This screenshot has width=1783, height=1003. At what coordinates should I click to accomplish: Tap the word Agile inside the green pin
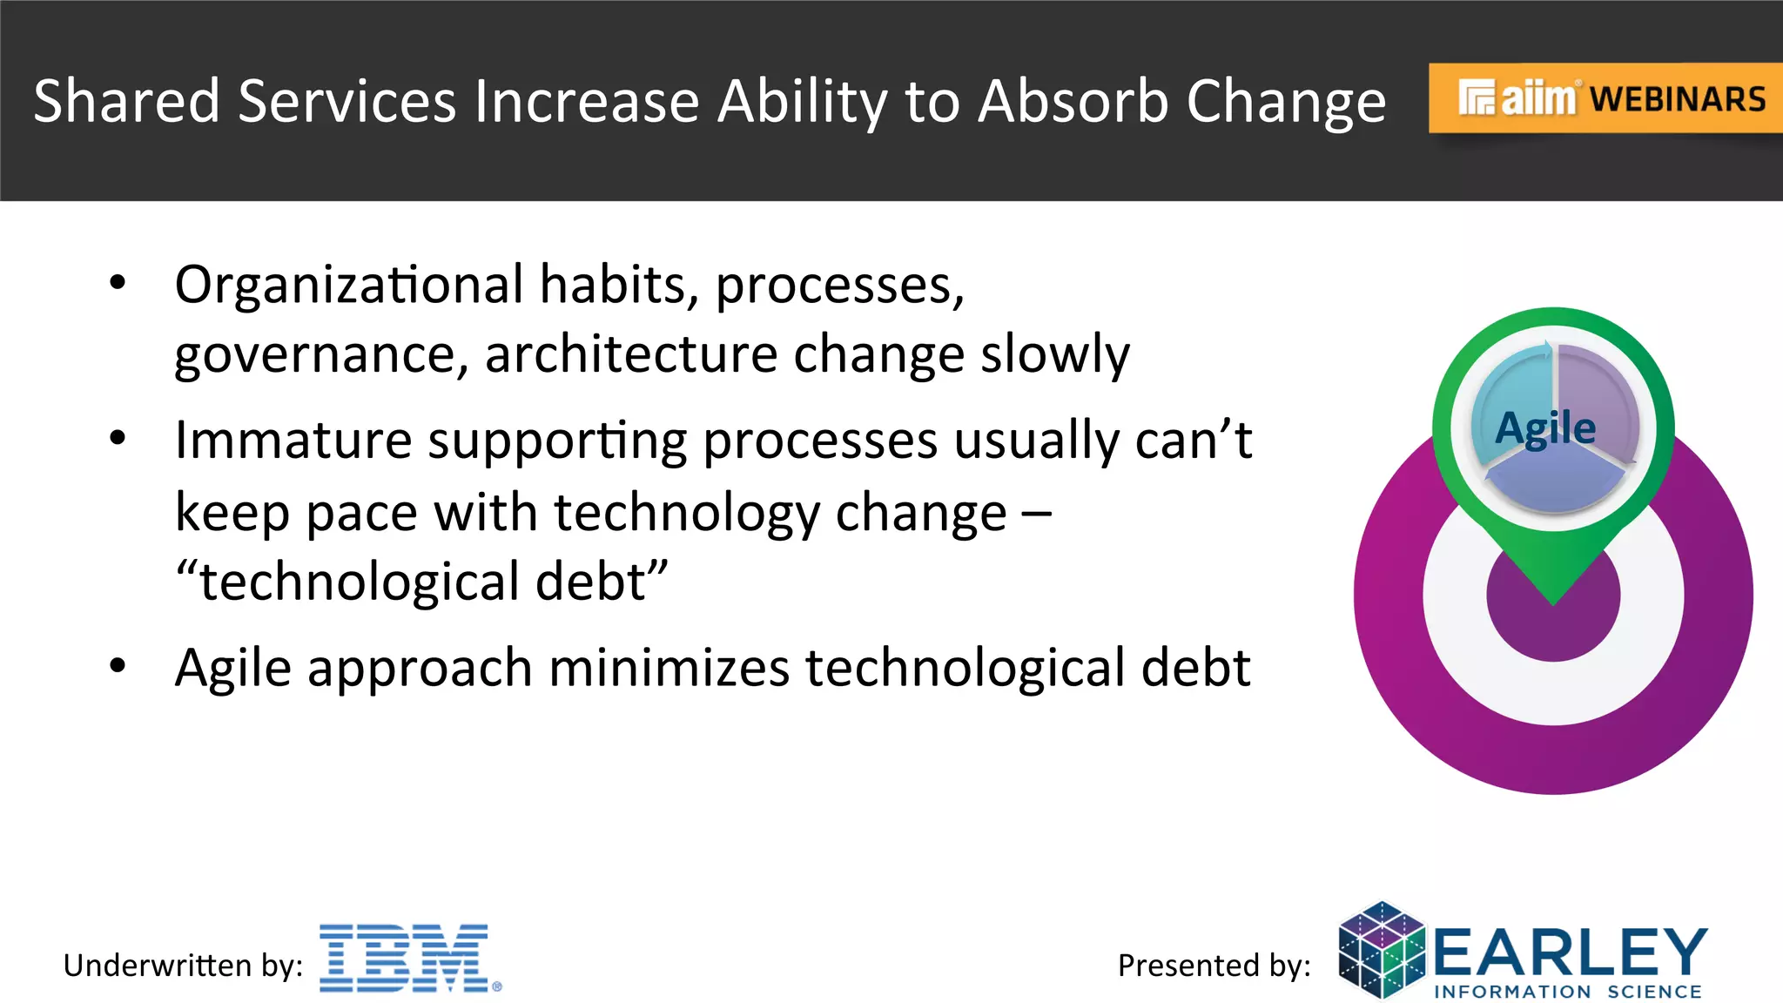1545,428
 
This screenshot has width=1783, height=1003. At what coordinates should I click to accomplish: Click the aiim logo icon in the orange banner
1477,98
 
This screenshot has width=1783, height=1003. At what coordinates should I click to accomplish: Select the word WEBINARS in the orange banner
1678,99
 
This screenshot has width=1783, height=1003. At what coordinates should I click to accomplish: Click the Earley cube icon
1382,950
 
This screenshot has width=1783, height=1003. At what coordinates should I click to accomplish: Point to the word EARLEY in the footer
1570,952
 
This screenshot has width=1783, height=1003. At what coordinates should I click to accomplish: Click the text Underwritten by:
183,966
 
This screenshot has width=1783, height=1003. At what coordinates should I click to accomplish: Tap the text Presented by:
1214,966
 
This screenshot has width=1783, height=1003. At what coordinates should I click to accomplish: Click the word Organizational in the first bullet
348,285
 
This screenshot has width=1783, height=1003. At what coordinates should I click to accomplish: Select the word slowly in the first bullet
1054,354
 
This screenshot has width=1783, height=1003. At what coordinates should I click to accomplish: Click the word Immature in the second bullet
293,440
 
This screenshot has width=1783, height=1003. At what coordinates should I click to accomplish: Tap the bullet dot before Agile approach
118,666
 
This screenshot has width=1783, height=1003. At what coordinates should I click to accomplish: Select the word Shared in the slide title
126,101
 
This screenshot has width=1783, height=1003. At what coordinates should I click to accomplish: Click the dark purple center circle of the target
1552,625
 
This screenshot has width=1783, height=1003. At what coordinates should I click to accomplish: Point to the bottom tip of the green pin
1553,601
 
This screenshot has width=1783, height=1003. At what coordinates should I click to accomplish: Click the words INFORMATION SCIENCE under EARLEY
1567,992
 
